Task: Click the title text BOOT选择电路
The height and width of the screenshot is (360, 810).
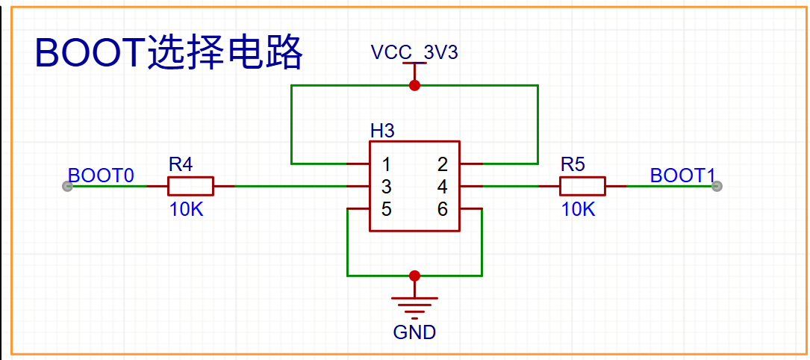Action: [169, 53]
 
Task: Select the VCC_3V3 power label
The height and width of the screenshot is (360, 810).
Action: [414, 52]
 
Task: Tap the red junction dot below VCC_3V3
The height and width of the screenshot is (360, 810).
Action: [414, 85]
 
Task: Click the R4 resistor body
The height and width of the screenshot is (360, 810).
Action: [190, 186]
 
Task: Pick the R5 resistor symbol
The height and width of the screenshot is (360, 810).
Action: [582, 186]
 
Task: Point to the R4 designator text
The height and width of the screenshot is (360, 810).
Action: [181, 165]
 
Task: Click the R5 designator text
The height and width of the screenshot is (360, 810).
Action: [573, 165]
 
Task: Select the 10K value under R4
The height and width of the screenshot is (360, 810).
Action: [187, 210]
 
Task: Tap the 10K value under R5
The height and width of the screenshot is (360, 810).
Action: [579, 210]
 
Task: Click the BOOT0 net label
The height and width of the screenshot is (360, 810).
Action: [102, 176]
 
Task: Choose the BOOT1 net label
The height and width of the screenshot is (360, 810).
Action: [682, 176]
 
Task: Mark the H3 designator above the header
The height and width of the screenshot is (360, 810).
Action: [382, 131]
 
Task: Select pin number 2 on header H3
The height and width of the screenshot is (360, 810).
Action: [442, 165]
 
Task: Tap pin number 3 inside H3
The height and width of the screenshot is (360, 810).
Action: [387, 186]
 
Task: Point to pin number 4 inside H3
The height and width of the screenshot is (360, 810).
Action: [442, 186]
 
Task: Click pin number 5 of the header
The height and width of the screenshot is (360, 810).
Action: [387, 209]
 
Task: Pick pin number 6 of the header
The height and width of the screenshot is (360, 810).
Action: [442, 209]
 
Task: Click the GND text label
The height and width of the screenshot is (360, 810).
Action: [414, 332]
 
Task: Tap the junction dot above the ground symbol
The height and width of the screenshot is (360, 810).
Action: [414, 276]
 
